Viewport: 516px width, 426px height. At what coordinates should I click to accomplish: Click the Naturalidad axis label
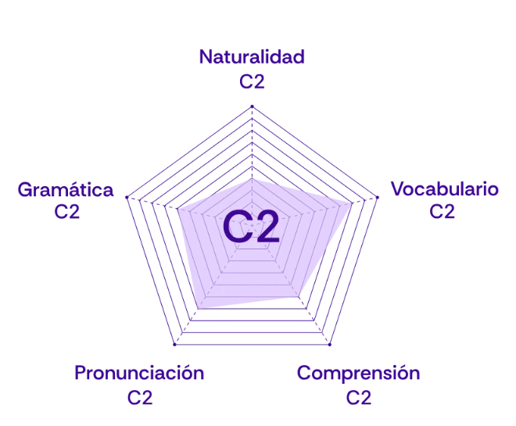(251, 57)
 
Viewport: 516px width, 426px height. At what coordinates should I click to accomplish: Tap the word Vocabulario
(444, 189)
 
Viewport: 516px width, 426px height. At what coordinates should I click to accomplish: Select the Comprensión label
(359, 374)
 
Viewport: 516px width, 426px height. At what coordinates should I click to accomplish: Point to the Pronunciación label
(140, 373)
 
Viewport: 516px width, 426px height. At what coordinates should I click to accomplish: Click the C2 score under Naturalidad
(251, 81)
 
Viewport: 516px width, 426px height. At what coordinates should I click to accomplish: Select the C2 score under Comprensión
(359, 397)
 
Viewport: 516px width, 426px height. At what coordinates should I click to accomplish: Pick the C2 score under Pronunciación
(140, 396)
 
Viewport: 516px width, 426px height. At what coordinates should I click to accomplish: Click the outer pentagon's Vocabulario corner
(381, 199)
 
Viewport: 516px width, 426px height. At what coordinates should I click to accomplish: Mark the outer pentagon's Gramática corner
(124, 199)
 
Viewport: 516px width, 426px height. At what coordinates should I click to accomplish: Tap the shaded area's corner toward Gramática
(178, 209)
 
